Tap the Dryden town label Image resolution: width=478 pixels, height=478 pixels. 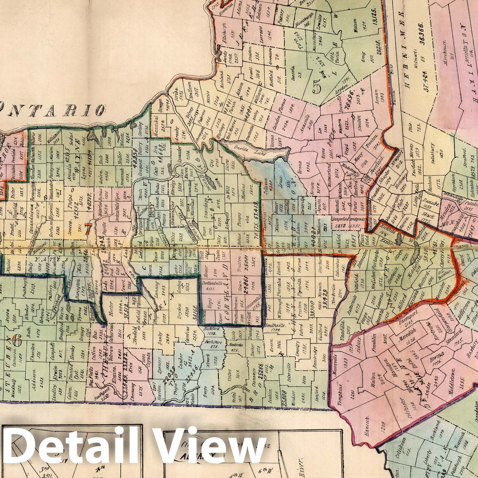[x=180, y=303]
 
